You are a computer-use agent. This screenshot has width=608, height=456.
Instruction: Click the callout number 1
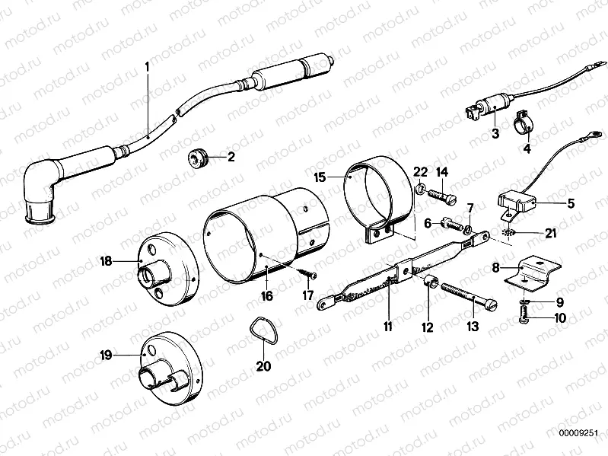(x=148, y=67)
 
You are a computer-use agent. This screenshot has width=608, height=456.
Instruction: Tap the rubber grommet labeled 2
(x=199, y=158)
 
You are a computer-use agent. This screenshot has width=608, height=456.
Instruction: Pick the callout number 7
(x=470, y=207)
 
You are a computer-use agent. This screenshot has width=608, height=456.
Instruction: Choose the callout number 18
(x=106, y=260)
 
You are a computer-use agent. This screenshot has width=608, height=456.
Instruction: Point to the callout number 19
(x=107, y=355)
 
